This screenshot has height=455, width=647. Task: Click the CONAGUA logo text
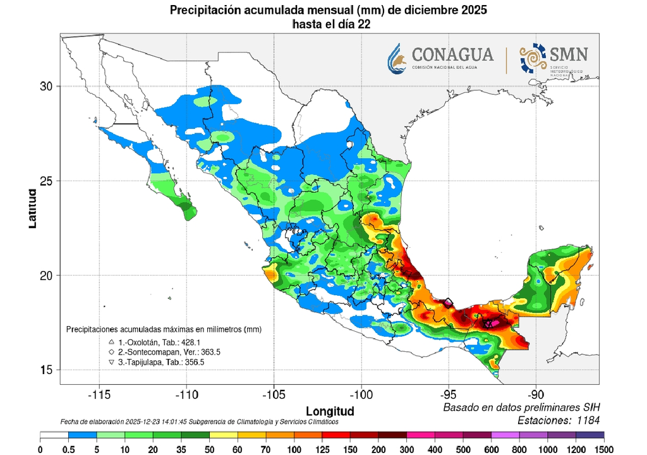454,55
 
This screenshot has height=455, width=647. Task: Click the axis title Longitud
330,410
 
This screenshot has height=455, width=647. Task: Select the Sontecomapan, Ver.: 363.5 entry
167,352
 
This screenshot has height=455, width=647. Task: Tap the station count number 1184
586,420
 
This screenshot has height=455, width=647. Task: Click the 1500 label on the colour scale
604,449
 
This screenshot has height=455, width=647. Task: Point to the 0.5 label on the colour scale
68,449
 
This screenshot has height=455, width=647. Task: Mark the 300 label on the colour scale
407,449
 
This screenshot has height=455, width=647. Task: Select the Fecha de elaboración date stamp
199,422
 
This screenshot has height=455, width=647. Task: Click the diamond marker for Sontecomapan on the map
448,303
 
